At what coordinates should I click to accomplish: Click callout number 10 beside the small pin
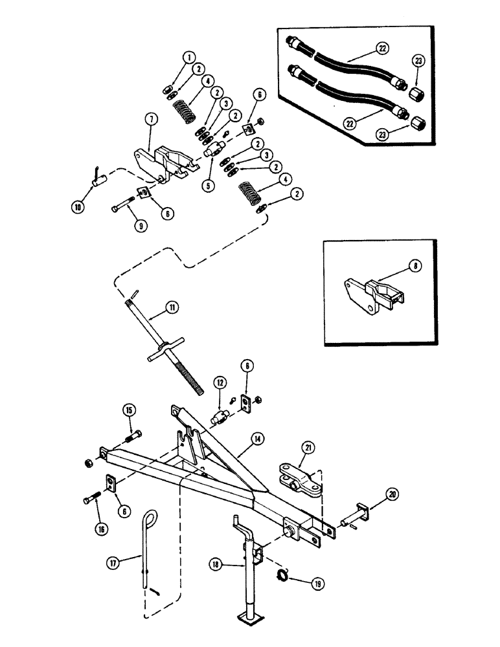77,207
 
